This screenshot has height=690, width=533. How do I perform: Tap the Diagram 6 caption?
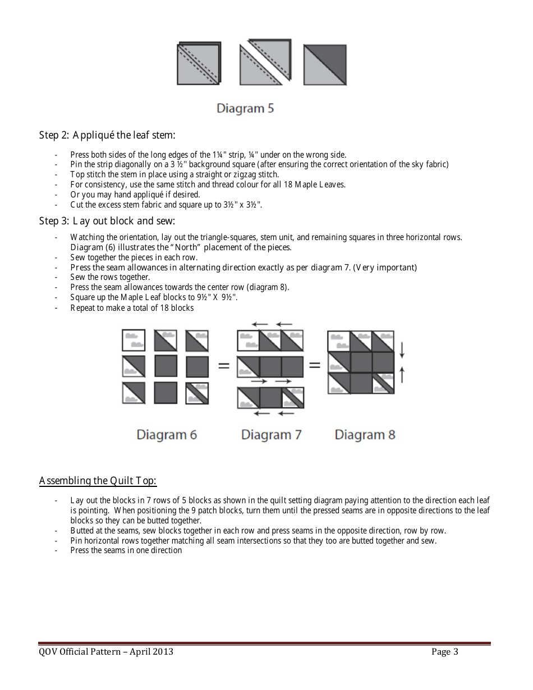coord(167,434)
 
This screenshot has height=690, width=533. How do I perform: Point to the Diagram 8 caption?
coord(365,434)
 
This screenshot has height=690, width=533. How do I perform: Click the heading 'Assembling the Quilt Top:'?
coord(98,481)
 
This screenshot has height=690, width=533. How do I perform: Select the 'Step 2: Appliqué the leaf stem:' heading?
coord(107,135)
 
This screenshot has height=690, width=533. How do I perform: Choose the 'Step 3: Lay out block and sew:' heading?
coord(107,220)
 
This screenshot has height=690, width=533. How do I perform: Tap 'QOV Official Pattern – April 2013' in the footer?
coord(106,652)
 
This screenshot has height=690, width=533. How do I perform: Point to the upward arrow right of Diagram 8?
coord(402,374)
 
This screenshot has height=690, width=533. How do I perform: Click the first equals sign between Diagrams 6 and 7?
coord(223,366)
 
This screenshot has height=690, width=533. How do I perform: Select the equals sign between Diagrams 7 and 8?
coord(315,365)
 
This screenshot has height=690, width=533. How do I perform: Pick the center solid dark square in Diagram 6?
coord(166,366)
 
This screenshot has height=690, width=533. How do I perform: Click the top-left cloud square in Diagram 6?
coord(134,341)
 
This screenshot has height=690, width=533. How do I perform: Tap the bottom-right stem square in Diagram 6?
coord(197,393)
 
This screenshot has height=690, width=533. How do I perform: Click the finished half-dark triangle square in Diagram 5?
coord(325,65)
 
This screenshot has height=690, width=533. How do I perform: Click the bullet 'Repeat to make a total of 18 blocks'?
coord(132,307)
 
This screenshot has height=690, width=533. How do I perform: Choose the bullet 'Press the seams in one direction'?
coord(126,550)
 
